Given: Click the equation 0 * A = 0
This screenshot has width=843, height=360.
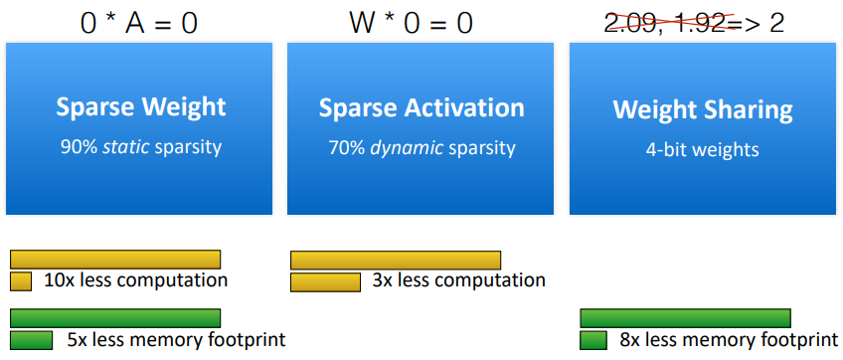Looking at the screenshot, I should (x=138, y=22).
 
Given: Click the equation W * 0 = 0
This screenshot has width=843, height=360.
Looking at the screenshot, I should (x=412, y=22).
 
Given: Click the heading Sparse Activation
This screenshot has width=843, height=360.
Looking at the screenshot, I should (x=421, y=107).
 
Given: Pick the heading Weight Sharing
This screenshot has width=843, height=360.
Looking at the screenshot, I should (x=703, y=108).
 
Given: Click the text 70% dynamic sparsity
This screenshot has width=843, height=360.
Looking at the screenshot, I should (x=421, y=148).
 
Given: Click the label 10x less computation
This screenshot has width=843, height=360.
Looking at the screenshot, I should (x=135, y=280).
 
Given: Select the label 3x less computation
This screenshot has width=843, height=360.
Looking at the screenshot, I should (x=458, y=280).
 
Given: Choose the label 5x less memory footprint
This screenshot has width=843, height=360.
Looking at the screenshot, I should (x=176, y=340).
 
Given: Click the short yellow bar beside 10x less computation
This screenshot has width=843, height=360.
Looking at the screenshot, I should (x=21, y=281).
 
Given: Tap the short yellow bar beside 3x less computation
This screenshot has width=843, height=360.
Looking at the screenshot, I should (x=325, y=282).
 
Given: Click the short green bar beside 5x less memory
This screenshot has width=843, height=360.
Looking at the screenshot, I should (x=31, y=340).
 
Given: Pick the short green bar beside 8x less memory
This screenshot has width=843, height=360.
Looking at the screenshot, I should (x=593, y=340).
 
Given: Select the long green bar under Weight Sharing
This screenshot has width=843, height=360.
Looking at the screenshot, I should (x=685, y=318).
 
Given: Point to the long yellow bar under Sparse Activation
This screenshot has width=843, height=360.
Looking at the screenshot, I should (x=395, y=260).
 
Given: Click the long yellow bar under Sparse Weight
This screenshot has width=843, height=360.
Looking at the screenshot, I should (x=114, y=260).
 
